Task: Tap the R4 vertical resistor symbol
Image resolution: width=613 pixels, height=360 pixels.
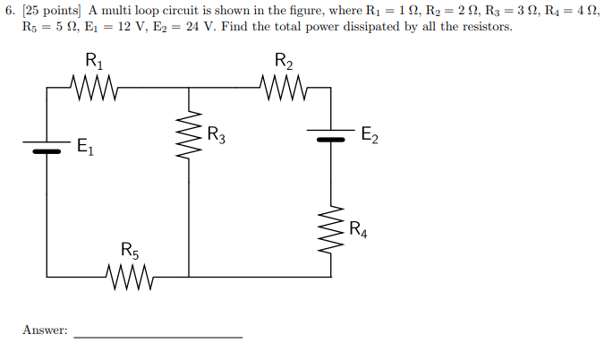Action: click(x=332, y=228)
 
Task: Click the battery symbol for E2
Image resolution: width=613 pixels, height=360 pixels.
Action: click(x=332, y=135)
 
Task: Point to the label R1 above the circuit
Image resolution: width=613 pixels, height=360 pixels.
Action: click(x=93, y=62)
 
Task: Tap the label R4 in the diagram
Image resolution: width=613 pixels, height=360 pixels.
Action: click(x=359, y=228)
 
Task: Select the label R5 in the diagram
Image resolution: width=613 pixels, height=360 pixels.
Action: click(x=131, y=250)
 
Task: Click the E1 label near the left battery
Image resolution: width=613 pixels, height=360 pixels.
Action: click(x=86, y=146)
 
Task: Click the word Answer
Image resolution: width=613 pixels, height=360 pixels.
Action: click(x=45, y=330)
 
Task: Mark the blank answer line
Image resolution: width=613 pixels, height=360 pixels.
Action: click(x=158, y=336)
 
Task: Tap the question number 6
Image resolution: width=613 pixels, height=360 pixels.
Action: click(x=10, y=9)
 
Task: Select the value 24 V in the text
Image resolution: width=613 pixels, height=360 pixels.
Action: click(x=220, y=26)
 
